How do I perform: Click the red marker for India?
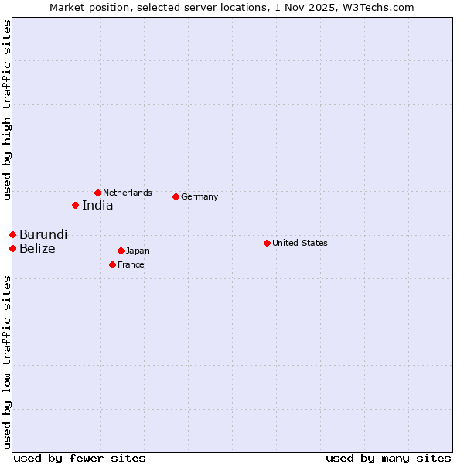75,205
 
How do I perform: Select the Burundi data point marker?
12,234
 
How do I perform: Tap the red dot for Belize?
12,248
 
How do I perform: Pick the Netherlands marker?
97,193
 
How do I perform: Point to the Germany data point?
176,196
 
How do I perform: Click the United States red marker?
267,243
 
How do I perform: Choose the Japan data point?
121,251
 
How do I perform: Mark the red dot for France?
112,264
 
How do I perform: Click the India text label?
97,205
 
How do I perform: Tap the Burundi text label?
43,234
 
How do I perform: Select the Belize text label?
37,248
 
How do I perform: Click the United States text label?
300,243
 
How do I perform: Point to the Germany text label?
200,196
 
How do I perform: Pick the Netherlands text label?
128,193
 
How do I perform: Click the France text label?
131,264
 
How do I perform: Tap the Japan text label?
138,251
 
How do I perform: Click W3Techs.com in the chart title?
380,7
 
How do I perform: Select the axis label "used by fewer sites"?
80,458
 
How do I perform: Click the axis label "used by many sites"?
388,458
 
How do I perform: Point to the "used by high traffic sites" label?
7,111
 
